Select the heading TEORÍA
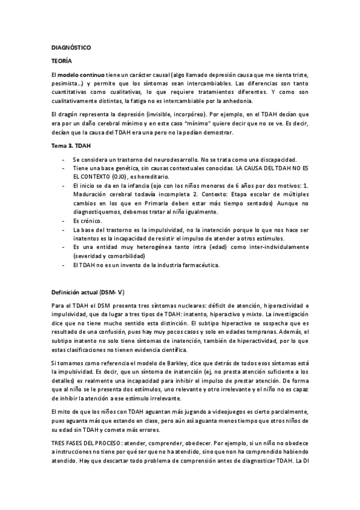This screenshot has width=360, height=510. [x=62, y=61]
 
